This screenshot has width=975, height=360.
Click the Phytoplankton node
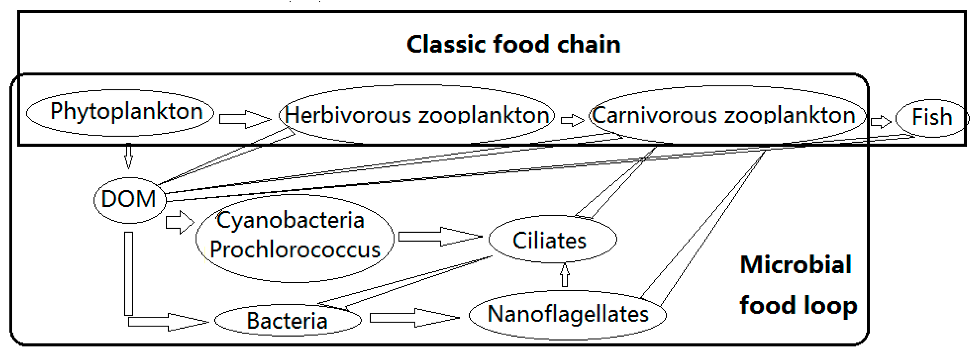click(120, 112)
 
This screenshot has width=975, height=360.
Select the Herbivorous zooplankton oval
click(416, 115)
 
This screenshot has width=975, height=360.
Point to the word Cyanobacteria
click(290, 220)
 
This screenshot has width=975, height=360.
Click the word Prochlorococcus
click(295, 250)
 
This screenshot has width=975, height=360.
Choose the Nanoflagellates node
click(568, 314)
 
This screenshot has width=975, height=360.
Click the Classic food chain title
click(513, 44)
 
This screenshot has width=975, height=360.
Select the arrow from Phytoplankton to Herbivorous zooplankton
click(244, 119)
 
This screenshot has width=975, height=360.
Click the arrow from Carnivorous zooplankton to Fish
click(880, 121)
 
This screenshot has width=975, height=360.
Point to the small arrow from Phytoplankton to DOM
click(129, 156)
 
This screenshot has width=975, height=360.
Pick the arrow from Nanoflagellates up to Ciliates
click(565, 275)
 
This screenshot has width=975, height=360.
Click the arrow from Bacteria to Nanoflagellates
click(414, 317)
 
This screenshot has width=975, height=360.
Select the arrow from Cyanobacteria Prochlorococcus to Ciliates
click(439, 237)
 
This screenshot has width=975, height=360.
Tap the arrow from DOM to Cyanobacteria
click(179, 222)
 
